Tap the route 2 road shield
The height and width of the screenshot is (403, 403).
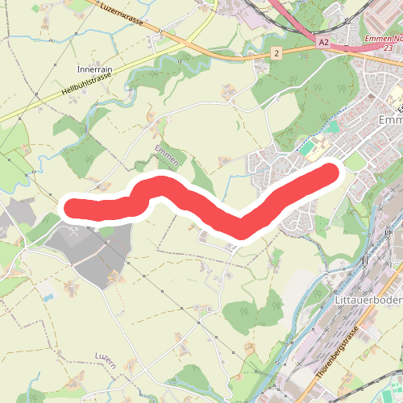point(276,53)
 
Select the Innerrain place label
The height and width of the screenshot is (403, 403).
point(93,69)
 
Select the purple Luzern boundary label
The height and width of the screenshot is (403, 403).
point(106,359)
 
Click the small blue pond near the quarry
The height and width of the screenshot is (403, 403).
point(49,297)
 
